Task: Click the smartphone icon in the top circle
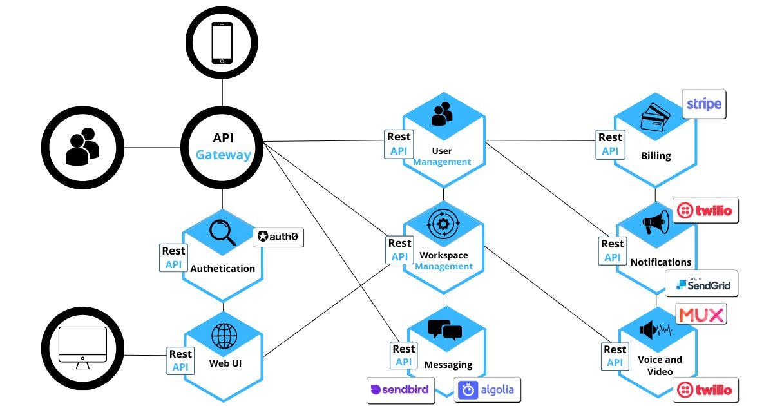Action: tap(222, 43)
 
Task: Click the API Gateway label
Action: tap(222, 146)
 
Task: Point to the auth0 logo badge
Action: tap(278, 237)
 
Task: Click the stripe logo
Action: tap(704, 104)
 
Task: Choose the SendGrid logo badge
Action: tap(701, 284)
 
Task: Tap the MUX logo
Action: tap(701, 314)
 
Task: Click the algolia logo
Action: tap(487, 390)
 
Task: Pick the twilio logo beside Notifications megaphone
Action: tap(705, 211)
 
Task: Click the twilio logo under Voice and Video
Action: tap(705, 390)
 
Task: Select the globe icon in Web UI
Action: tap(224, 335)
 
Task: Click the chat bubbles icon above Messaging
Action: tap(444, 329)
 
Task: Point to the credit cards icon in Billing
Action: tap(656, 119)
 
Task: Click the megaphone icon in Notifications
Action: tap(656, 223)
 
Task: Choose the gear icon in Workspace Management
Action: tap(443, 224)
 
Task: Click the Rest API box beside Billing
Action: tap(609, 144)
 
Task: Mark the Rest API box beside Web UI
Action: tap(180, 360)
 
